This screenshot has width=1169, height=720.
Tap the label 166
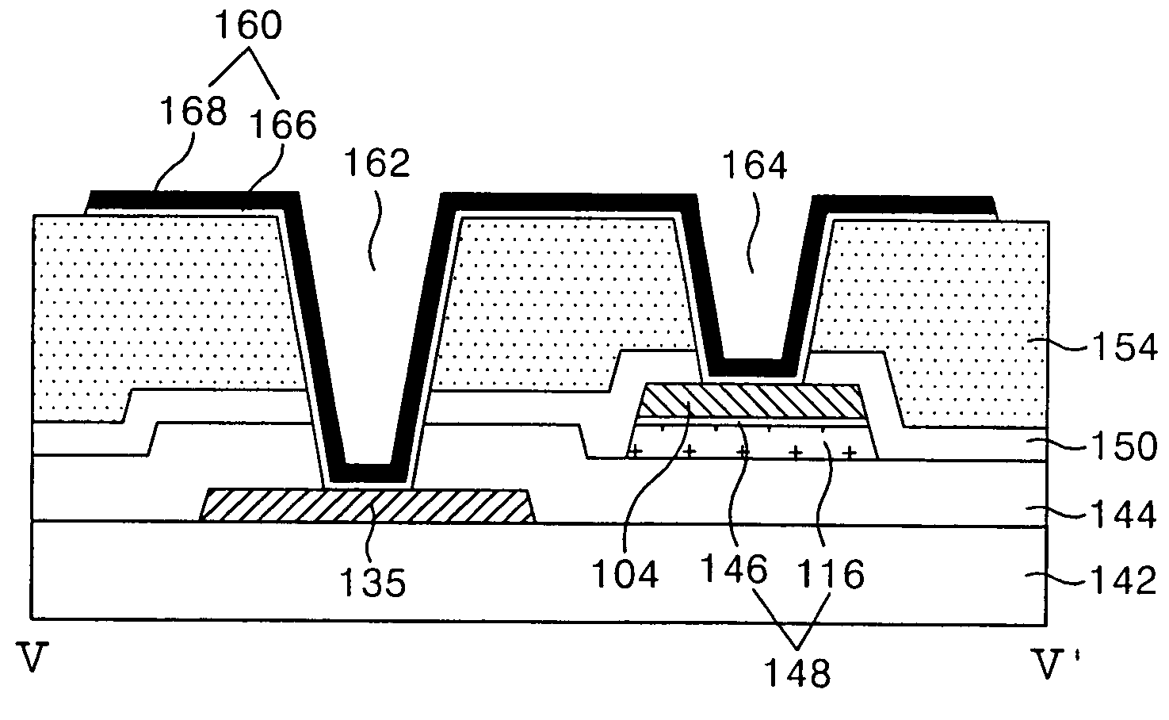283,124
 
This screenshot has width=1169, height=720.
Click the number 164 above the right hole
755,167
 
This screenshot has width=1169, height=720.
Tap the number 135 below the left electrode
372,583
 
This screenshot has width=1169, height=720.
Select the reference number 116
831,573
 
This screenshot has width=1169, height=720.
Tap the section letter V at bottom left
32,660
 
